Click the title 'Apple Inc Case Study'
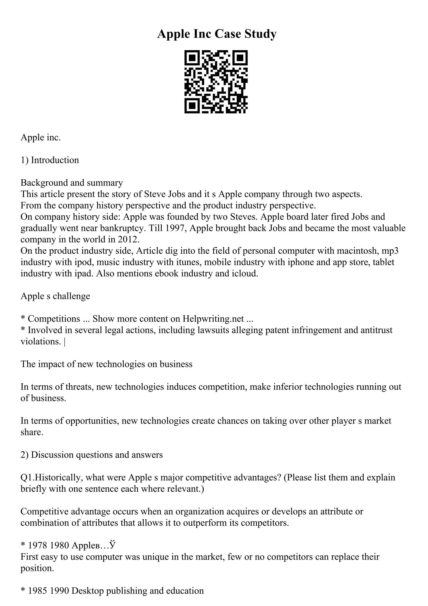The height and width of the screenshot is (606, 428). pos(217,34)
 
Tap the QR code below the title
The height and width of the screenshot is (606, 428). pos(216,82)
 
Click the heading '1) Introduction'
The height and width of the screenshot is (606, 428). pos(50,160)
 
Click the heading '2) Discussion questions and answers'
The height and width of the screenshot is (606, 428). pos(92,455)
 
